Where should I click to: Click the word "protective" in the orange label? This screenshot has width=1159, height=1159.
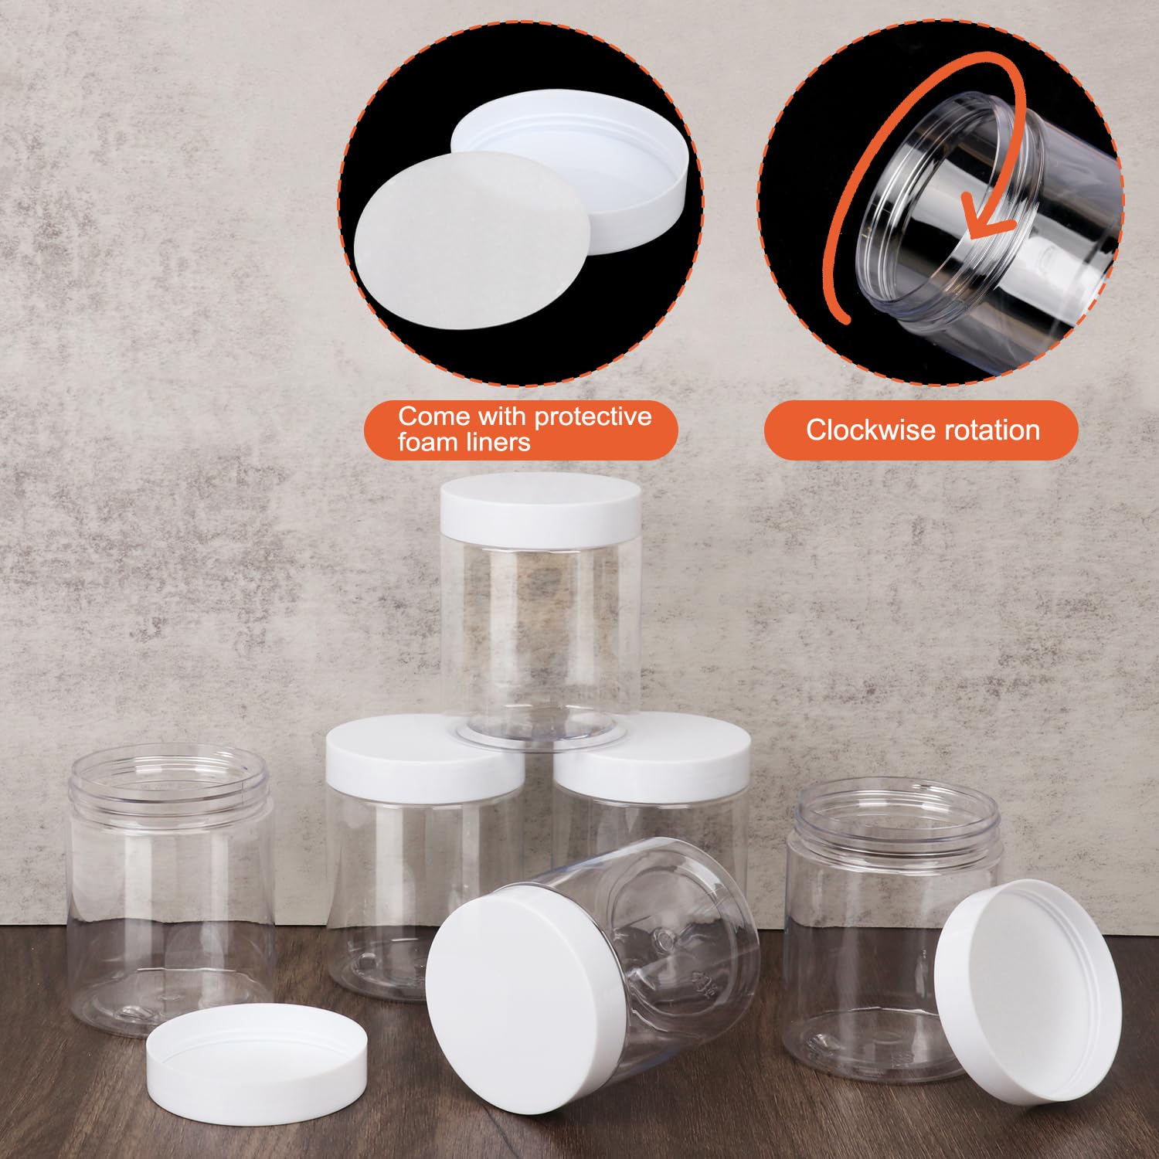pyautogui.click(x=593, y=417)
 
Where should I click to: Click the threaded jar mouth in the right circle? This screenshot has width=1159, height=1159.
pyautogui.click(x=950, y=193)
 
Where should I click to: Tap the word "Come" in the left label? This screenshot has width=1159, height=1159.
pyautogui.click(x=433, y=416)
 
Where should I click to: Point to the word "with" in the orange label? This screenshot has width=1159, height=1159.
pyautogui.click(x=501, y=416)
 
